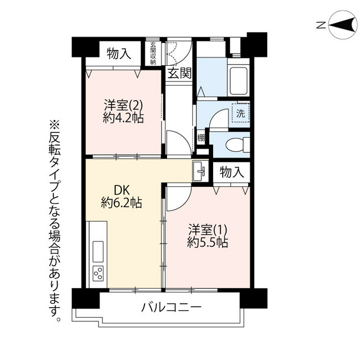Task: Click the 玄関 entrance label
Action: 179,73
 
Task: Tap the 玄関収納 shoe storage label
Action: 153,53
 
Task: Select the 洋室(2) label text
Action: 123,106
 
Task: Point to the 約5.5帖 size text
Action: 208,242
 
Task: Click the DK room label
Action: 122,190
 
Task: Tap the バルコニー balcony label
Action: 171,307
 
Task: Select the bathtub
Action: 238,81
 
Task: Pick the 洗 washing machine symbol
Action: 240,113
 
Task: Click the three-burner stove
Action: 98,273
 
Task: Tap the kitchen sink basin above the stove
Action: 98,251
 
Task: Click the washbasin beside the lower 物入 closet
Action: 200,171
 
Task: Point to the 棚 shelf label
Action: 201,138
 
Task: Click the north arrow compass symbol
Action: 343,25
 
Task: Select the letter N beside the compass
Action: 321,25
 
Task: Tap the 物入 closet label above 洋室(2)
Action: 119,54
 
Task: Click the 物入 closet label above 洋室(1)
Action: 231,172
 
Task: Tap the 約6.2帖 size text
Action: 121,203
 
